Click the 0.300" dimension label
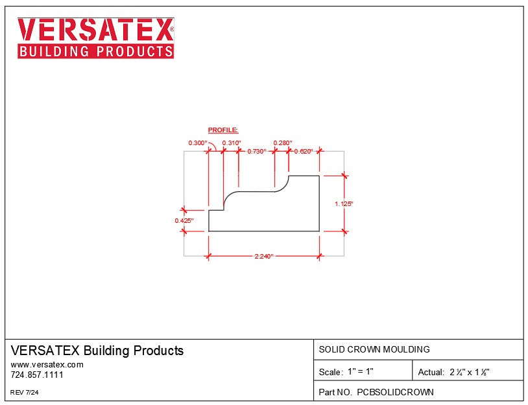tap(197, 143)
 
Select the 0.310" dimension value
tap(231, 143)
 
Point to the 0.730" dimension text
tap(257, 151)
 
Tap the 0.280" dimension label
tap(283, 143)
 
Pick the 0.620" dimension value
tap(304, 151)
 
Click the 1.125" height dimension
tap(344, 203)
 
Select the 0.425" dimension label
tap(184, 221)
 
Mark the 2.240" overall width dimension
tap(264, 257)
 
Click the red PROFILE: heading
tap(223, 130)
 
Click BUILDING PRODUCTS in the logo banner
tap(95, 51)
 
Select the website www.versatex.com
tap(47, 365)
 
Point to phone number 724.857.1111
tap(37, 375)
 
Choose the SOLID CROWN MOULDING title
tap(374, 349)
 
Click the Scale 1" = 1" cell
tap(346, 372)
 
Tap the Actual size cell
tap(453, 372)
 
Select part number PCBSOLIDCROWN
tap(376, 392)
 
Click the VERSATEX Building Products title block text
tap(97, 351)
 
